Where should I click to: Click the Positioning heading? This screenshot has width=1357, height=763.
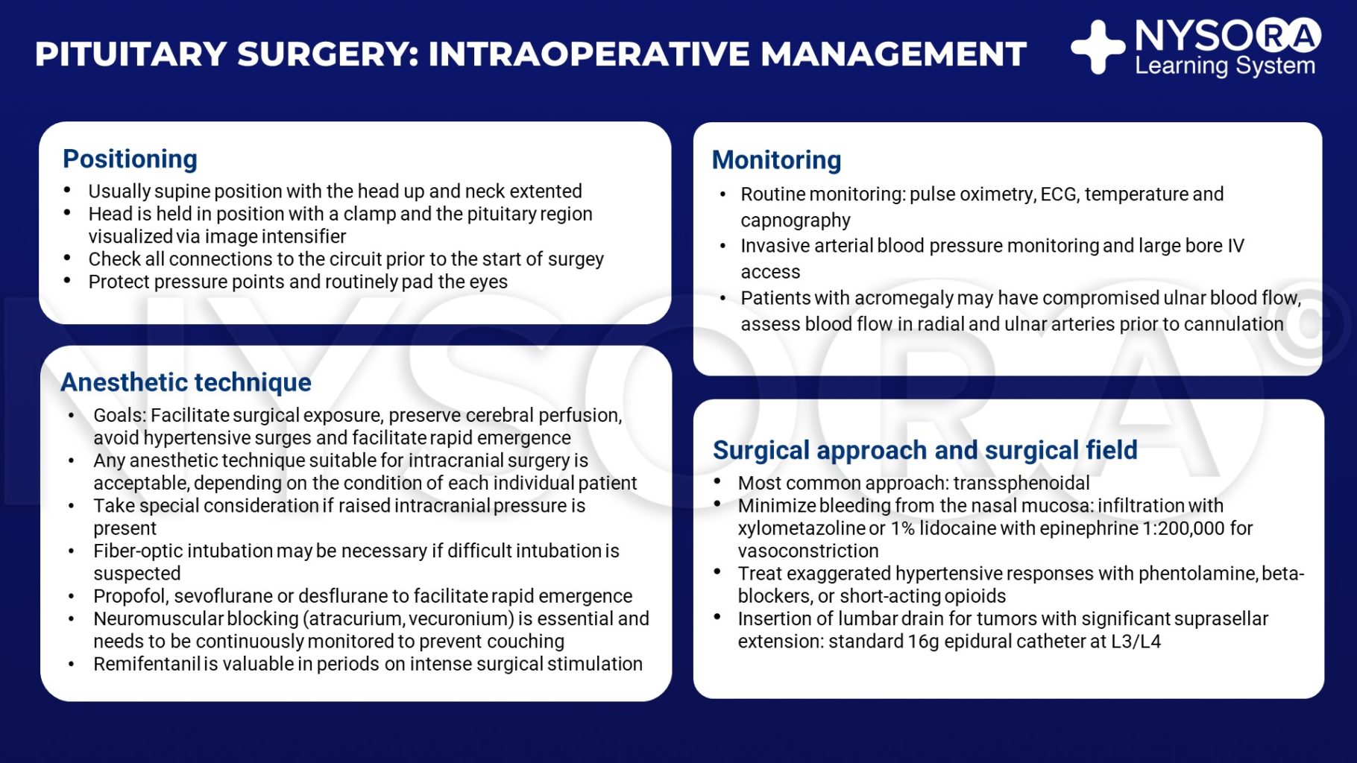130,159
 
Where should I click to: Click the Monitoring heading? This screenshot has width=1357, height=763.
776,160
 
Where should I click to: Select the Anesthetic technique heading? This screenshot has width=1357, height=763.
186,382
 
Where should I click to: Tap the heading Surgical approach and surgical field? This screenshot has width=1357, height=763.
925,450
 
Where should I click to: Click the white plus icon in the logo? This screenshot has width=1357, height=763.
1098,48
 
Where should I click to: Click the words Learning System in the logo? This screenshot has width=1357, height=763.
1224,66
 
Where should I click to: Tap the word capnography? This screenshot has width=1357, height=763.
795,221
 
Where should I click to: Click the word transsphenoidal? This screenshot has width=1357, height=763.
1021,483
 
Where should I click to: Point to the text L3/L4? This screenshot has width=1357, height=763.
1136,642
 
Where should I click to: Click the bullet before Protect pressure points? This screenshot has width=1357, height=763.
67,281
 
